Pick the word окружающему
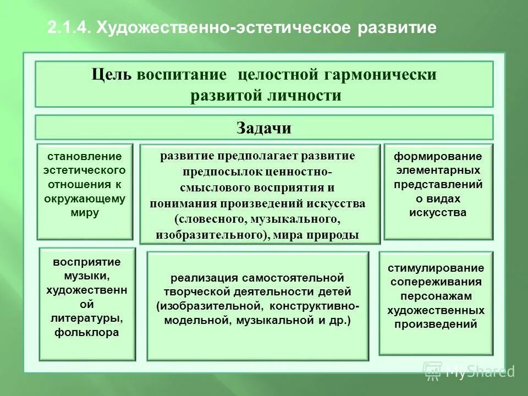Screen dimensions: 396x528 coord(85,199)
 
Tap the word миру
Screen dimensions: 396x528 coord(85,212)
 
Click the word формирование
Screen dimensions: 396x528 coord(438,156)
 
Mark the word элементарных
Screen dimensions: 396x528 coord(438,170)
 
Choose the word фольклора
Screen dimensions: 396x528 coord(87,332)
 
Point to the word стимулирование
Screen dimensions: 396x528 coord(436,268)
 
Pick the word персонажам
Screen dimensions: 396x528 coord(436,296)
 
